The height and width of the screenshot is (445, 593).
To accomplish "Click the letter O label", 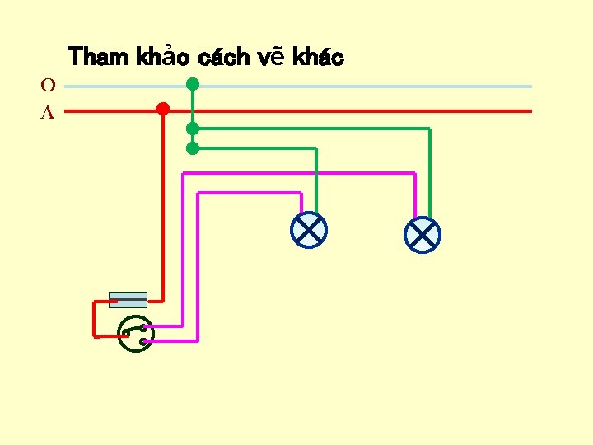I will tap(48, 85).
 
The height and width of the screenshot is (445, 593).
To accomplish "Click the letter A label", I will tap(48, 113).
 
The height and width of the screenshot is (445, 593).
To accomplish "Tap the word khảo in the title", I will tap(163, 57).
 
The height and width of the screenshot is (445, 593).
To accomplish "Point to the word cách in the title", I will tap(224, 57).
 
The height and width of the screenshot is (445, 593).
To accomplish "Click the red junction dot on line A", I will tap(163, 109).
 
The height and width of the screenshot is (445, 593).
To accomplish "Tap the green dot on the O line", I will tap(192, 84).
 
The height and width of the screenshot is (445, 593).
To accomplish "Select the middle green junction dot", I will tap(192, 129).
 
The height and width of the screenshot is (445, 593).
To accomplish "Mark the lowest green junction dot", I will tap(192, 148).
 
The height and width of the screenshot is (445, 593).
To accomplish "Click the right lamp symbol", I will tap(423, 235).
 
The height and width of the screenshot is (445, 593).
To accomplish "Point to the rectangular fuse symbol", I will tap(128, 300).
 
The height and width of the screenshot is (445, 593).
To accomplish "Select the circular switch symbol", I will tap(135, 334).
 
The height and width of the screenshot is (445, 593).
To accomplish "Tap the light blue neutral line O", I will tap(371, 86).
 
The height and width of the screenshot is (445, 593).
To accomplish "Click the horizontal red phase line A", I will tap(371, 110).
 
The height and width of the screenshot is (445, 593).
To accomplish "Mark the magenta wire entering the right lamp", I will tap(414, 198).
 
